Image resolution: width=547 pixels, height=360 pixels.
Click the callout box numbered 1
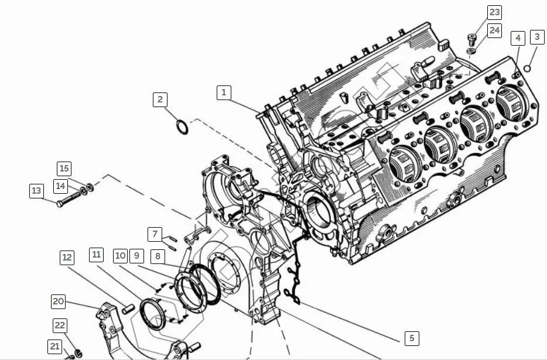click(224, 92)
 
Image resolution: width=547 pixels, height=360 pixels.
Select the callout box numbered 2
click(160, 100)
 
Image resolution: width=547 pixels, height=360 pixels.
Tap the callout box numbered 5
click(412, 338)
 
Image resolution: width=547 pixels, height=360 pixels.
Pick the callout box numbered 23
click(495, 12)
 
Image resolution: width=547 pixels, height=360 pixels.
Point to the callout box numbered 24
click(495, 30)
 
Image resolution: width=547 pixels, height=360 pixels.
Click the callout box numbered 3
click(537, 37)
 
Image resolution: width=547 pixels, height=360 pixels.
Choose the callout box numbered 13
click(37, 191)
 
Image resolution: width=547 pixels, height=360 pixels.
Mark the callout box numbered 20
click(58, 301)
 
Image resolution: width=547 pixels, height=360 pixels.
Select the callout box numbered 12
click(67, 258)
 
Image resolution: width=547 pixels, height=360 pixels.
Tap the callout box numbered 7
click(155, 234)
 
